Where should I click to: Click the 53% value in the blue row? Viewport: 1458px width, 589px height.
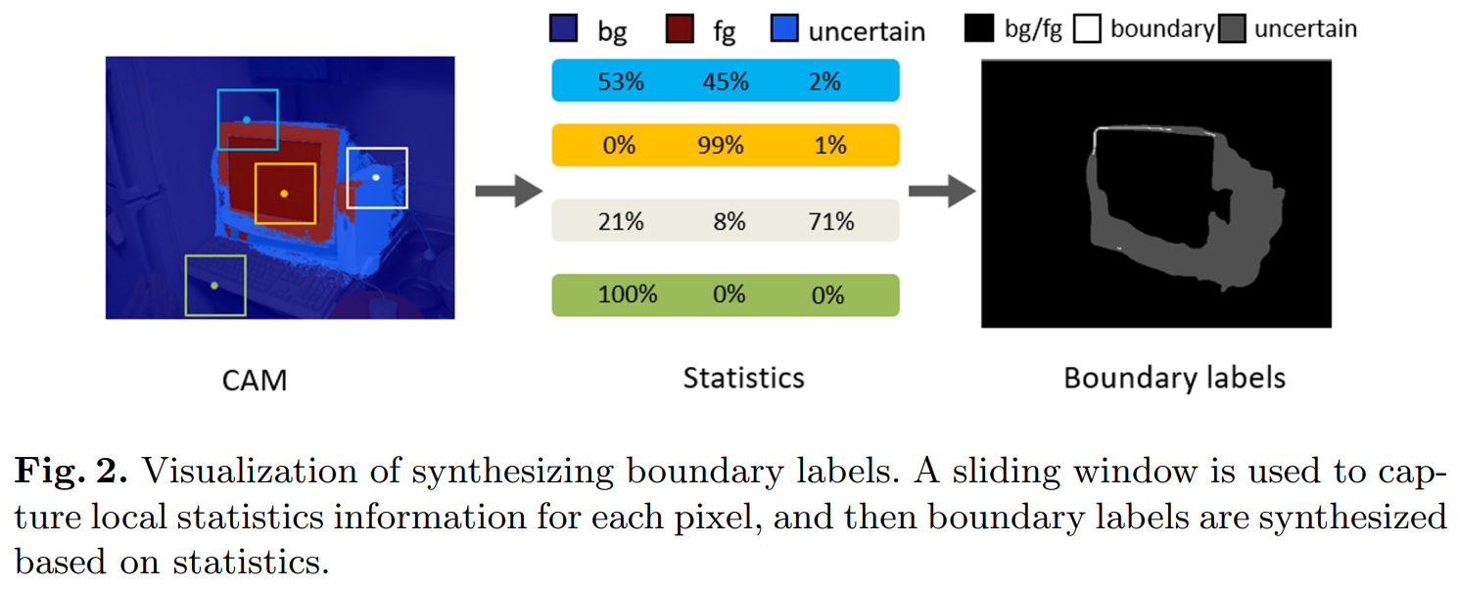pos(621,81)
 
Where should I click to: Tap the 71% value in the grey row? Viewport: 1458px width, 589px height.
pos(831,221)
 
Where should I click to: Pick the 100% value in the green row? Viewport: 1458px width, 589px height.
pos(628,294)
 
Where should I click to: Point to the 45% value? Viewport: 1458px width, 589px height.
pos(726,81)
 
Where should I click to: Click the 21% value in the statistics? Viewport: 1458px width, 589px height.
pos(621,221)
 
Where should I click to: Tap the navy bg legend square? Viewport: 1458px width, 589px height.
pos(564,29)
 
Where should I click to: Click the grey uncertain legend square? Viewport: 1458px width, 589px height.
pos(1233,29)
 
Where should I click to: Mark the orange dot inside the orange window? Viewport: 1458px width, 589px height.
pos(284,194)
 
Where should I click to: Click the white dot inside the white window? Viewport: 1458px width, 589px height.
pos(376,177)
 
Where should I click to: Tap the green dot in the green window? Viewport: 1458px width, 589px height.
pos(214,286)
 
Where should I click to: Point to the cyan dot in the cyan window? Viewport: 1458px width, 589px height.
pos(247,119)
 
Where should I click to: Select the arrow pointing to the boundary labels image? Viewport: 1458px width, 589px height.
pos(941,190)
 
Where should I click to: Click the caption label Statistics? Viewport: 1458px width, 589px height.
pos(743,378)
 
